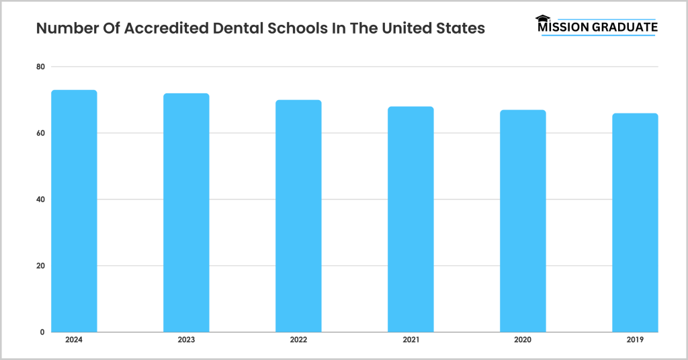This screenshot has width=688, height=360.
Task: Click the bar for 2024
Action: [x=74, y=211]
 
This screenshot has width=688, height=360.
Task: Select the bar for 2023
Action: [x=186, y=212]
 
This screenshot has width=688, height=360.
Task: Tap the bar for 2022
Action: [x=298, y=216]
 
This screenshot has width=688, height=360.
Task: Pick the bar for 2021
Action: [x=411, y=219]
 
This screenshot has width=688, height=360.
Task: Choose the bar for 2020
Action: [x=523, y=221]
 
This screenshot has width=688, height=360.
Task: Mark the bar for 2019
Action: [x=635, y=222]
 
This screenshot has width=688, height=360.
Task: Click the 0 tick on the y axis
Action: [x=42, y=332]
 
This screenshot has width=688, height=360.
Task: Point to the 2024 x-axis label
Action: [x=74, y=341]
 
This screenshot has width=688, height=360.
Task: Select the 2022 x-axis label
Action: [x=298, y=341]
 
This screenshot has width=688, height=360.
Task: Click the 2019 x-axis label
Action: [x=635, y=341]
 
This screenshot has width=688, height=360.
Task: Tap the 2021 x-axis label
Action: [x=411, y=341]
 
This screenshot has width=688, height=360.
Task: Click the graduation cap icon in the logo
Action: [x=542, y=19]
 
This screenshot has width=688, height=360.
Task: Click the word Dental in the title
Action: [x=237, y=30]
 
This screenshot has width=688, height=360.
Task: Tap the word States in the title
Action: [x=461, y=30]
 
